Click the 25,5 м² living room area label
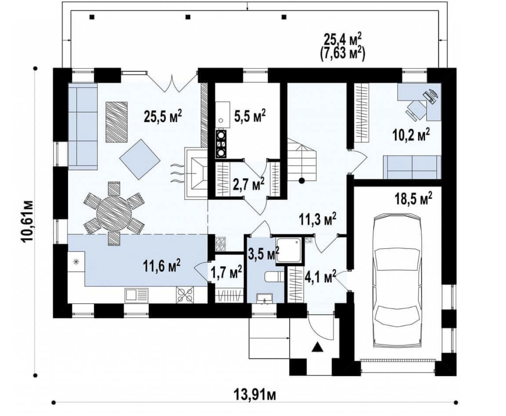click(x=163, y=116)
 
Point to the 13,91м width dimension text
click(x=255, y=394)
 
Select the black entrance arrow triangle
click(x=317, y=347)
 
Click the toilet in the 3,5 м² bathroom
click(x=275, y=277)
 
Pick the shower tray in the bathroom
click(x=289, y=250)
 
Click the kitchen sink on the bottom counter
click(x=136, y=295)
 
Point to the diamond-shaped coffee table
click(x=140, y=158)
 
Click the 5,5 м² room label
click(x=250, y=115)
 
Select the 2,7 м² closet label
click(x=249, y=184)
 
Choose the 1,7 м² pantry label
click(x=226, y=272)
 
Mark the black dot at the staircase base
click(x=301, y=181)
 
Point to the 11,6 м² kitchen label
click(x=162, y=266)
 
